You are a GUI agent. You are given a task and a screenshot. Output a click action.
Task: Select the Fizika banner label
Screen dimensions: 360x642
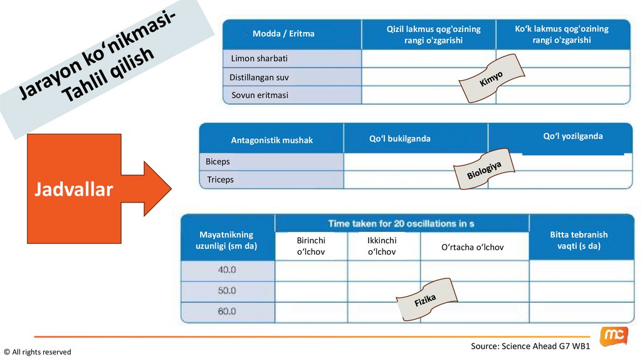click(x=425, y=300)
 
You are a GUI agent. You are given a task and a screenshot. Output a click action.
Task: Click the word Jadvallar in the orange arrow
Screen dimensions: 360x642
click(x=73, y=189)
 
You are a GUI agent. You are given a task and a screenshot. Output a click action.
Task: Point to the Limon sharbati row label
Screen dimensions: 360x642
click(x=259, y=58)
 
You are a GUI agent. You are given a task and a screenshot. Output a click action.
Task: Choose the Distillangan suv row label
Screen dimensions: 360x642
click(x=260, y=77)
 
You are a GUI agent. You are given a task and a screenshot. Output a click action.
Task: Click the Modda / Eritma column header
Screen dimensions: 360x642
click(x=283, y=34)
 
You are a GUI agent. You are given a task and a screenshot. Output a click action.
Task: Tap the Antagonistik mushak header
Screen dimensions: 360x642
click(x=271, y=140)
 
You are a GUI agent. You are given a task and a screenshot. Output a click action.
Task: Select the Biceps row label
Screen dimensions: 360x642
click(x=218, y=161)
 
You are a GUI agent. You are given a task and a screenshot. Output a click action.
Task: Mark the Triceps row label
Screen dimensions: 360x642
click(x=220, y=179)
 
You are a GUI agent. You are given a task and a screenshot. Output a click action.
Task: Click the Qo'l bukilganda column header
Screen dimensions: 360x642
click(x=400, y=139)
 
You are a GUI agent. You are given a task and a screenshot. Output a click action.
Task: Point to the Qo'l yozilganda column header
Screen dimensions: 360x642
click(x=573, y=136)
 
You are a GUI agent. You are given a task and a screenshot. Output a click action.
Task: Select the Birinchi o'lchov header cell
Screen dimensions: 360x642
click(x=311, y=246)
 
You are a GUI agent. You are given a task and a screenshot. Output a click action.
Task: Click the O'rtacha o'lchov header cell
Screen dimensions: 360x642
click(x=473, y=247)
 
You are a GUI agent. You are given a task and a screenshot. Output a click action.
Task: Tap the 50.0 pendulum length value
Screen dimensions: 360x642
click(x=227, y=291)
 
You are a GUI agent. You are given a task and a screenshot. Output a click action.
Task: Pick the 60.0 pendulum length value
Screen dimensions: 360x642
click(x=227, y=311)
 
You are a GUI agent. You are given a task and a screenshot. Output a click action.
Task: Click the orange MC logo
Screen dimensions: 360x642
click(x=613, y=336)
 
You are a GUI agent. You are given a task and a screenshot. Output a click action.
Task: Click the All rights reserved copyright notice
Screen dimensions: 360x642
click(x=38, y=352)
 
